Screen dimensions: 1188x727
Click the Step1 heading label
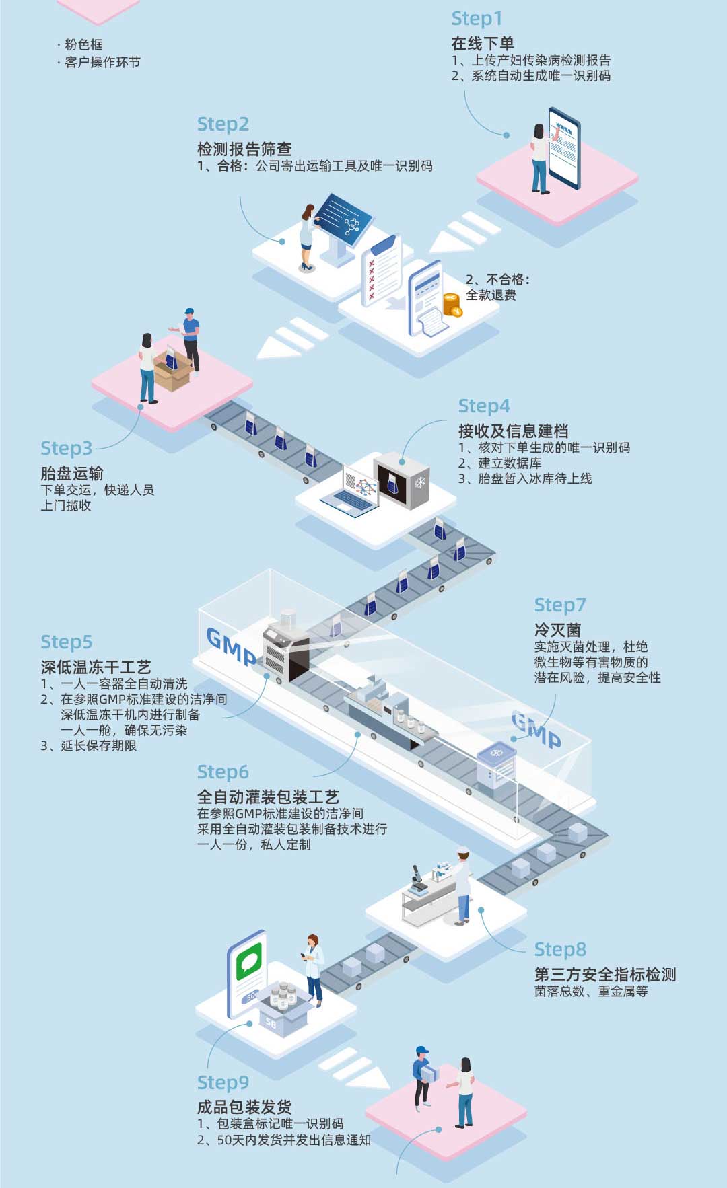(477, 19)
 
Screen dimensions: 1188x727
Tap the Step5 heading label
(66, 642)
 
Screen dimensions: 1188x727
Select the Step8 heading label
(560, 949)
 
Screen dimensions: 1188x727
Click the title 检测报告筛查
(244, 149)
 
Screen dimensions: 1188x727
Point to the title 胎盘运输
(72, 473)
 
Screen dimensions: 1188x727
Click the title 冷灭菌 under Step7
(557, 630)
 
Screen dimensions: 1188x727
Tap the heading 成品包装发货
(244, 1107)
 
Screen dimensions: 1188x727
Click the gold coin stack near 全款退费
(452, 305)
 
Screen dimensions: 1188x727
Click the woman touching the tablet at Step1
(540, 158)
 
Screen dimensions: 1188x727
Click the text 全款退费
(491, 295)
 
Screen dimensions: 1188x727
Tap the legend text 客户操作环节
(102, 63)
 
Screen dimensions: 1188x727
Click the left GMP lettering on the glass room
(230, 646)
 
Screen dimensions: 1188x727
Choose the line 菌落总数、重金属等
(591, 991)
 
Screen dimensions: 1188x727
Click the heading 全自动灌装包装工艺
(268, 797)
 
